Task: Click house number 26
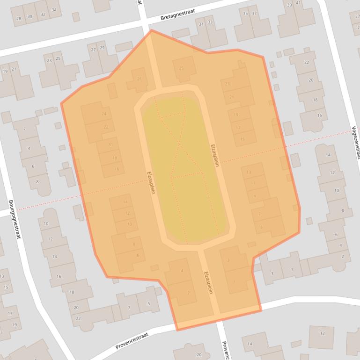(139, 79)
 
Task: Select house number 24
(104, 114)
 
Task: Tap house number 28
(19, 18)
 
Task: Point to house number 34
(54, 10)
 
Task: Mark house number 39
(289, 5)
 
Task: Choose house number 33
(210, 22)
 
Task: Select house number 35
(245, 14)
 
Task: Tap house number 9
(255, 196)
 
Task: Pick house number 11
(253, 183)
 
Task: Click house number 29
(102, 48)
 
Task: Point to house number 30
(30, 16)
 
